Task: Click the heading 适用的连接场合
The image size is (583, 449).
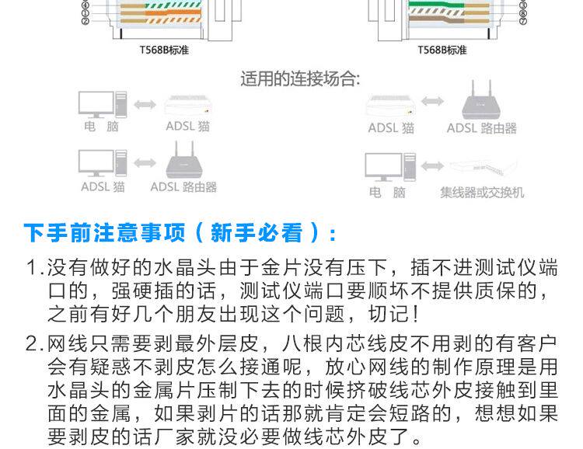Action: click(x=298, y=79)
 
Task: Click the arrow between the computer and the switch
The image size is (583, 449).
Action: click(x=431, y=166)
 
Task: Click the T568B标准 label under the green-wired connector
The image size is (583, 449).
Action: click(x=442, y=50)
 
